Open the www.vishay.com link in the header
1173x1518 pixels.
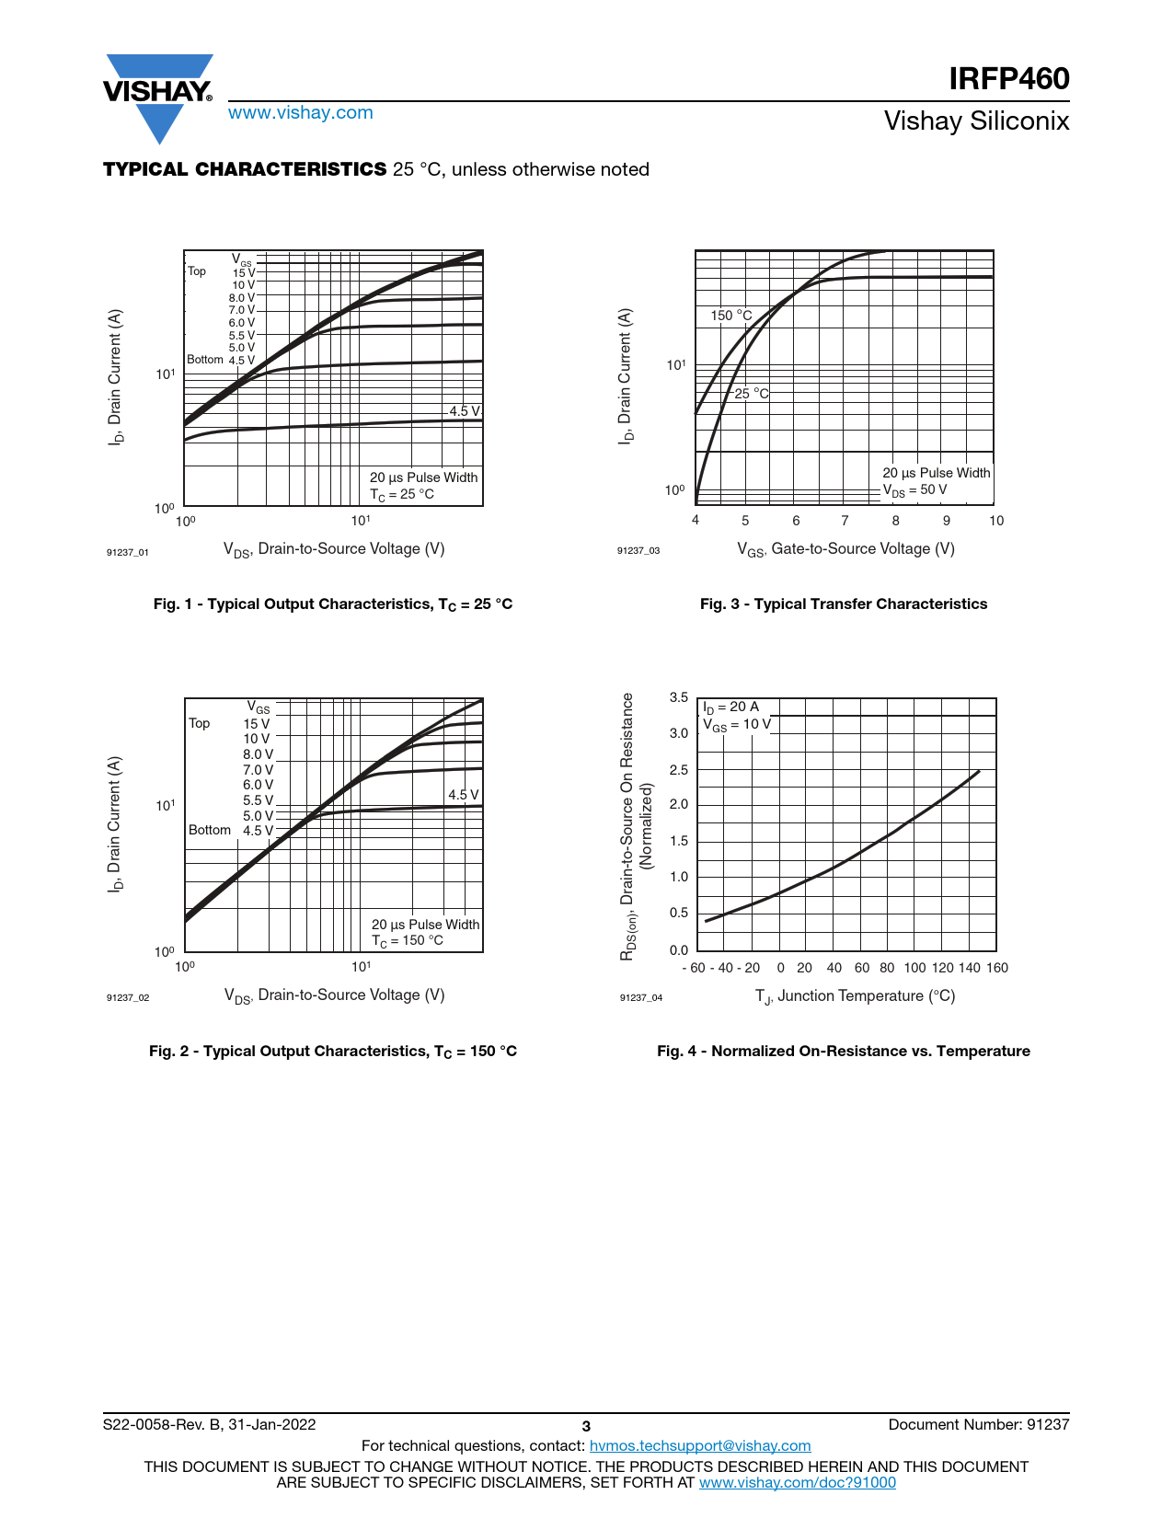[300, 113]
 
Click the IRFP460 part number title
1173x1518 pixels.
[1008, 79]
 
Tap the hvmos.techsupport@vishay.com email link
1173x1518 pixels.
[699, 1446]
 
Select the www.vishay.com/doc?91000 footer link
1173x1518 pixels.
[797, 1482]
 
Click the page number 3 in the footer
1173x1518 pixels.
[586, 1427]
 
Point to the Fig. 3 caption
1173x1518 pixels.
[843, 604]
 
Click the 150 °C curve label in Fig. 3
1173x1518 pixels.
[730, 316]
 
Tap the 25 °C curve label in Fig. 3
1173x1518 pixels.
[751, 394]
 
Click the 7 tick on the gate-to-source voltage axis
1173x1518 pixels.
[845, 521]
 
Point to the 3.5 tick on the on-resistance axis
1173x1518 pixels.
[679, 697]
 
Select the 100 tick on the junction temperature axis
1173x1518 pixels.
[914, 968]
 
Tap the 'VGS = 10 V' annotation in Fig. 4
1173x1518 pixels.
[737, 725]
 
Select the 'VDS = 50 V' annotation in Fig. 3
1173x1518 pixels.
[914, 490]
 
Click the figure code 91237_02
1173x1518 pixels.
[128, 998]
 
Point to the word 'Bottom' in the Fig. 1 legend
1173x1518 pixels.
[205, 360]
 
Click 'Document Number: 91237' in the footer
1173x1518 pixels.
[978, 1425]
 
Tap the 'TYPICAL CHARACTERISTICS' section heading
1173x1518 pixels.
[245, 169]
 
